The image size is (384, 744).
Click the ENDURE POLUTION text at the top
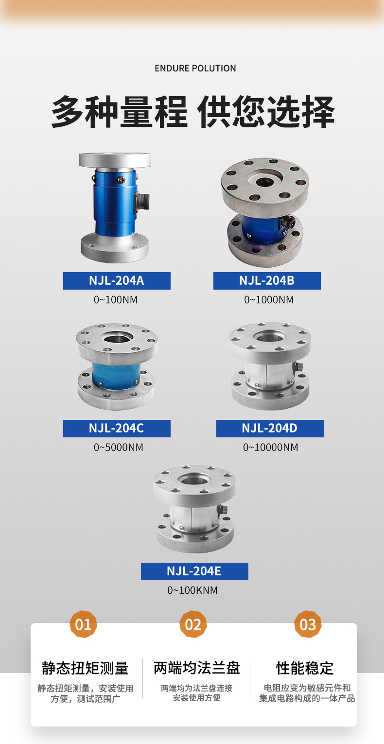tap(195, 69)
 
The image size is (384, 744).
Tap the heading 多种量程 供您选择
tap(193, 112)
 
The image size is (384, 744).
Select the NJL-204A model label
tap(117, 281)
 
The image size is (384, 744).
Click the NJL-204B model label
tap(267, 281)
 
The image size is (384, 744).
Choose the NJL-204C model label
tap(117, 429)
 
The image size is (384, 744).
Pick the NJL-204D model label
tap(270, 429)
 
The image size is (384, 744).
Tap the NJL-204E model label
tap(194, 571)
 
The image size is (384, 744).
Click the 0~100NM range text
tap(116, 300)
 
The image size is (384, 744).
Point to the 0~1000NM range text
tap(269, 300)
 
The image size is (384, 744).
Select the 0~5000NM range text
tap(119, 447)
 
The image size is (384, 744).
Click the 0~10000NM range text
tap(271, 447)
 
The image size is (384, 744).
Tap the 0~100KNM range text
tap(192, 590)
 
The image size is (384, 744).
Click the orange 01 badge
tap(83, 624)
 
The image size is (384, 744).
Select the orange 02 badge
tap(193, 624)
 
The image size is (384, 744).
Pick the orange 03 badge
tap(308, 624)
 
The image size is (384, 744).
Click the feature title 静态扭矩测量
tap(85, 668)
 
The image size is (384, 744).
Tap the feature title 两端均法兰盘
tap(197, 668)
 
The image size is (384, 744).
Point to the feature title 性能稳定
tap(305, 668)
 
